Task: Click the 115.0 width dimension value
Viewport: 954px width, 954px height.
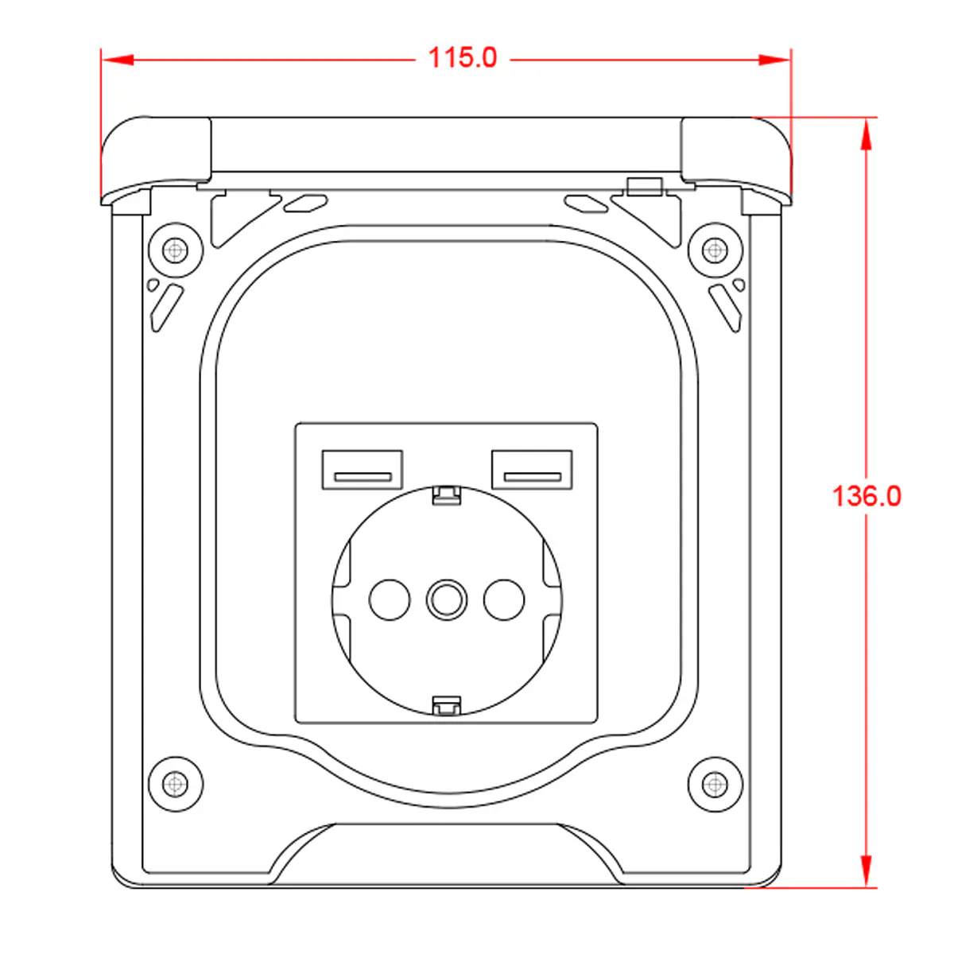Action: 462,58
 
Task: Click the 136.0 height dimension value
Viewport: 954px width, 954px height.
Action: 867,496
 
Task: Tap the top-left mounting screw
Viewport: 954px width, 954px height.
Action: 176,250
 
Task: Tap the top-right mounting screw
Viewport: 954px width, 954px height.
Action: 715,250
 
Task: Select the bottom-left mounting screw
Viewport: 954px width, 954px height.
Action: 176,784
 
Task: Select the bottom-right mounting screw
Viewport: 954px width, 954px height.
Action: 715,784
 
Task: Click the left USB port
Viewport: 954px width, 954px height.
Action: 363,470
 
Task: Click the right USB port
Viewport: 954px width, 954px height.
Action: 532,470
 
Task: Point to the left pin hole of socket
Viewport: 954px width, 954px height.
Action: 390,599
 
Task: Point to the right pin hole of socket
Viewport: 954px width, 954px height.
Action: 504,599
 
